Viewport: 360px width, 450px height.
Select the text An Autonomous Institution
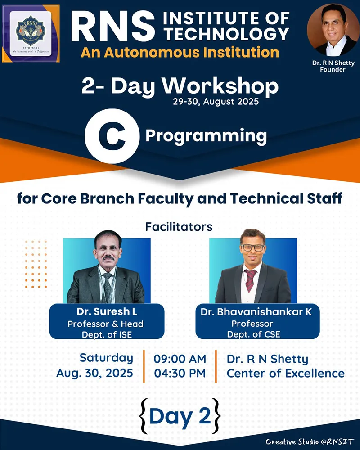point(180,52)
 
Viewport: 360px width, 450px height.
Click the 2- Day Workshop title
point(180,86)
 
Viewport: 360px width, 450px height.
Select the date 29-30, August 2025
point(216,102)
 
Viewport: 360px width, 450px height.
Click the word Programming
point(206,135)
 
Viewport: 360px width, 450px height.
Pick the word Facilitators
point(179,227)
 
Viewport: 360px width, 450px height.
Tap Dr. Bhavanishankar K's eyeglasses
point(252,247)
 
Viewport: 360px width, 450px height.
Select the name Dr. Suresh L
point(107,312)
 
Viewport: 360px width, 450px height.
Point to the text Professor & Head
point(106,324)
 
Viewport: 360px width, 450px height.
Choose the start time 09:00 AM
point(180,359)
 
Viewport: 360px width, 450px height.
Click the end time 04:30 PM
point(180,373)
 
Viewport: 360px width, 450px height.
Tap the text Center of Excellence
point(285,373)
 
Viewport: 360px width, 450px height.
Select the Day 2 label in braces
point(180,416)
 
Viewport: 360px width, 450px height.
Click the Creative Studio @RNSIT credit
point(310,441)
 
